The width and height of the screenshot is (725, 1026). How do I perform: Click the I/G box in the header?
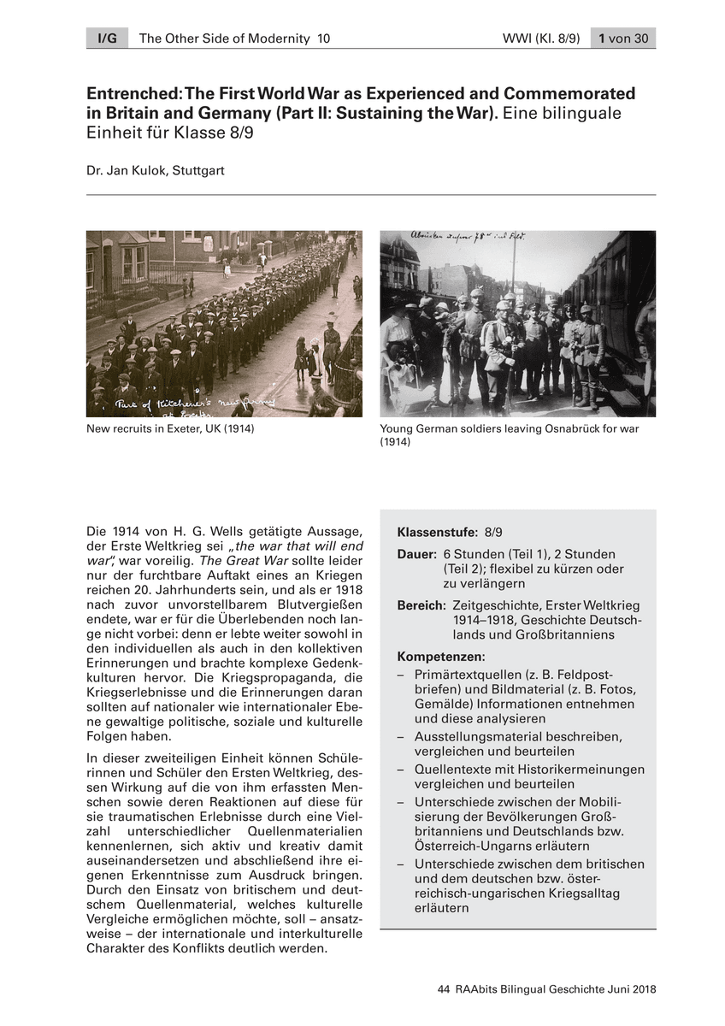[106, 38]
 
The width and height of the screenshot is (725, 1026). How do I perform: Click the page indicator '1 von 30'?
[623, 38]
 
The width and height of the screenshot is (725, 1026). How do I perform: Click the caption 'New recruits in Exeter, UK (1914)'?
[170, 428]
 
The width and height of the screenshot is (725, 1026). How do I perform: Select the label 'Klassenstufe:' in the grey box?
[438, 531]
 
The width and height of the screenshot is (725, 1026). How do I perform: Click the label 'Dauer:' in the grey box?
[417, 554]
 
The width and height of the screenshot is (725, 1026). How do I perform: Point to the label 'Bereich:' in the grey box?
[421, 605]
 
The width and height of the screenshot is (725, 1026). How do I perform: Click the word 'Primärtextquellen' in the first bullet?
[466, 674]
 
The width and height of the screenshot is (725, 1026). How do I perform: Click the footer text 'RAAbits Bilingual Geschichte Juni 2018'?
[555, 989]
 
